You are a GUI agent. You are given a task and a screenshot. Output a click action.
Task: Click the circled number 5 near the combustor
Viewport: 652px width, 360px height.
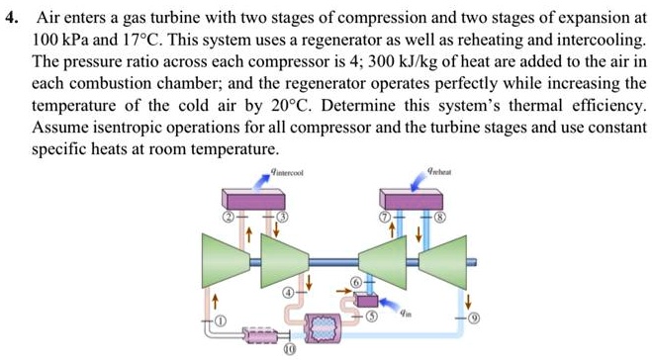pos(372,317)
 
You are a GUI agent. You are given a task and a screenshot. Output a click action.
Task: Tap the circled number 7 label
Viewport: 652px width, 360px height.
pos(373,216)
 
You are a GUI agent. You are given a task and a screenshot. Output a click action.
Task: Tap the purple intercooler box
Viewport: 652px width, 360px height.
pos(256,197)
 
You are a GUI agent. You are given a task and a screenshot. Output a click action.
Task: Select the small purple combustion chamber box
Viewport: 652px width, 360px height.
pos(366,300)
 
